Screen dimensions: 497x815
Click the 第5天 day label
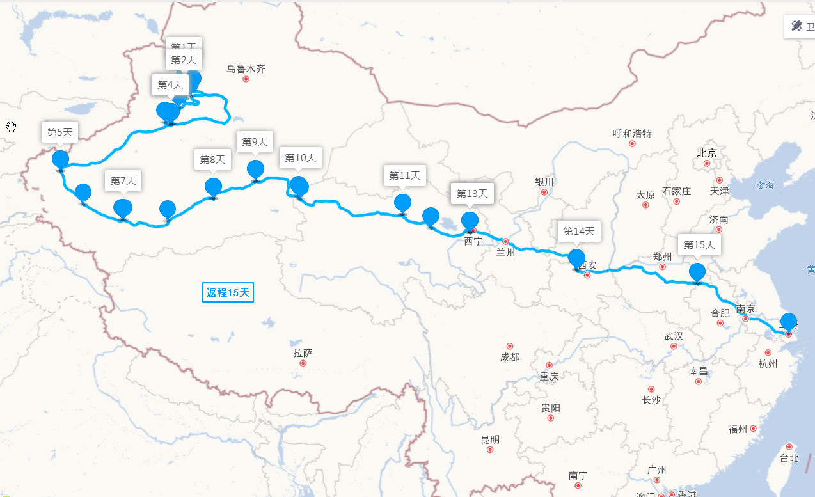point(60,132)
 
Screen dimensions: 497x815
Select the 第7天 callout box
point(123,180)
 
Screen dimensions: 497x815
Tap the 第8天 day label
point(212,159)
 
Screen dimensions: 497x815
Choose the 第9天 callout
point(255,141)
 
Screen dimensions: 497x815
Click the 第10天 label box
point(300,157)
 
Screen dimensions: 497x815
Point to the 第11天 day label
point(405,175)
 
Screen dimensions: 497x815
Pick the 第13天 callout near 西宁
point(472,193)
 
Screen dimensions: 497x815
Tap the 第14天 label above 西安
point(579,231)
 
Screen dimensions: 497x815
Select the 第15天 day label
point(700,244)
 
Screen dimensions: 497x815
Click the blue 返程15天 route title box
point(228,293)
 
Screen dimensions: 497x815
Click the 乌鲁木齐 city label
point(246,69)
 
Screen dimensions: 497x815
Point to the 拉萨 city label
point(303,352)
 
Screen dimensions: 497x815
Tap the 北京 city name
point(707,153)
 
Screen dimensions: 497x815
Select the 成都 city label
point(510,357)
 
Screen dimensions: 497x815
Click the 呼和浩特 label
point(632,133)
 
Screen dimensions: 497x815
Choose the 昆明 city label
point(490,439)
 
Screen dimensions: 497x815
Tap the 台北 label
point(789,457)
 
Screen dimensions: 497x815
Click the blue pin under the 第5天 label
point(60,160)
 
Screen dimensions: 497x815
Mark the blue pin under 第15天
point(697,272)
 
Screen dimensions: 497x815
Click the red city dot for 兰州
point(505,241)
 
